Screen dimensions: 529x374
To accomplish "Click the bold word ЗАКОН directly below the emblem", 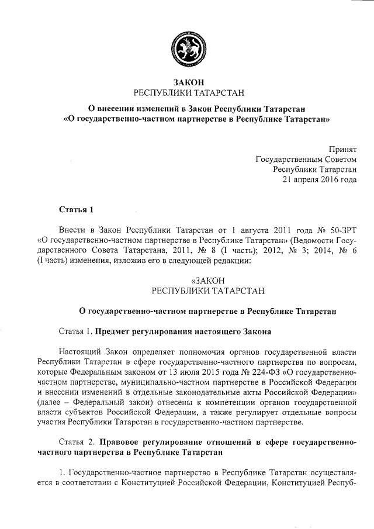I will coord(187,82).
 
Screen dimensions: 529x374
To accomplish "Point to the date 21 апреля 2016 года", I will coord(320,180).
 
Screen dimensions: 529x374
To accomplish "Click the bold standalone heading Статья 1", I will coord(77,209).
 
